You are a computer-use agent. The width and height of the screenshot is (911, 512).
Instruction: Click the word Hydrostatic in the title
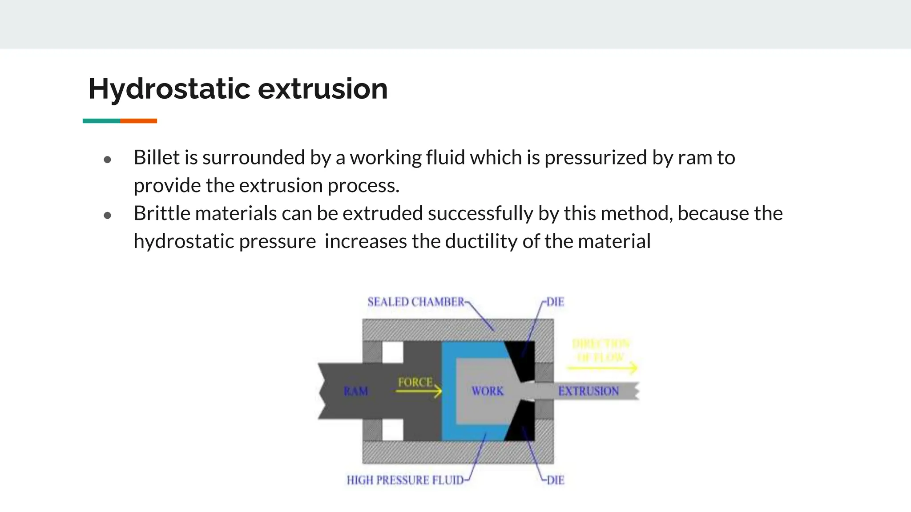tap(169, 89)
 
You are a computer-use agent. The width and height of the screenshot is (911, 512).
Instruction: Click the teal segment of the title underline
tap(101, 121)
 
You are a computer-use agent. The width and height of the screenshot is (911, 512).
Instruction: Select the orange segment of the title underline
tap(138, 121)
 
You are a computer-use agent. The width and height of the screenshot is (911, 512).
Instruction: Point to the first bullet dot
tap(107, 160)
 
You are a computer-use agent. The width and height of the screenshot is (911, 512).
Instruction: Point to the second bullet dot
tap(107, 216)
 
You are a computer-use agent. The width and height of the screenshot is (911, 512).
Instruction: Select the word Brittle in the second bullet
tap(161, 214)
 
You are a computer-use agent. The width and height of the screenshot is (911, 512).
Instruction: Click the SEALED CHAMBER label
tap(415, 302)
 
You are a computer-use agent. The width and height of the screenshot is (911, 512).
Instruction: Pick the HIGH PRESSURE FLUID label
tap(405, 480)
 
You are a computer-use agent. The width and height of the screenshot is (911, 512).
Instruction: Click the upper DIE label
tap(555, 302)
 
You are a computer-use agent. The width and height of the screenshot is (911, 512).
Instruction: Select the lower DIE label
tap(555, 480)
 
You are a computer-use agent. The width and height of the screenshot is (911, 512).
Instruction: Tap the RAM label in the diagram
tap(356, 392)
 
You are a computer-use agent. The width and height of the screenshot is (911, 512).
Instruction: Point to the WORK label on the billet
tap(488, 392)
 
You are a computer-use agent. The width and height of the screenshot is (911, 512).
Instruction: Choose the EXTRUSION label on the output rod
tap(589, 392)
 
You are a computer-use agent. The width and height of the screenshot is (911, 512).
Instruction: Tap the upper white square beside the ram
tap(392, 352)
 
